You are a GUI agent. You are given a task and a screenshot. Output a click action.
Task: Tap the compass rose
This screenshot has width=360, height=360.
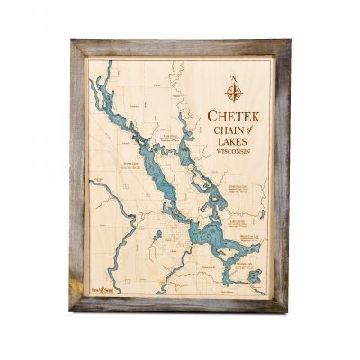233,92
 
